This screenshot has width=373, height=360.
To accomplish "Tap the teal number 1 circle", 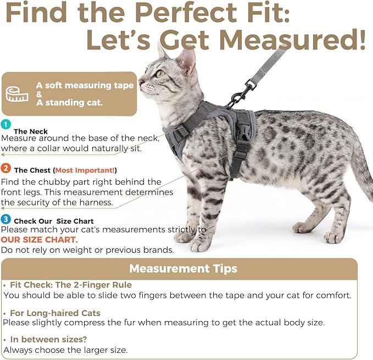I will point(5,124).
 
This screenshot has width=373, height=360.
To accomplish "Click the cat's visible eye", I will point(160,73).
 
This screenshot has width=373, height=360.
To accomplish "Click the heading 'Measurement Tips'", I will point(183,269).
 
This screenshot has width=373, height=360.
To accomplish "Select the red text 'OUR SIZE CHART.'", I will point(39,240).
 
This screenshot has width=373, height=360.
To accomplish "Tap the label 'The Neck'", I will point(31,131).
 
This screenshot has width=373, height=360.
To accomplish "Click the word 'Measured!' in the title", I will point(292,40).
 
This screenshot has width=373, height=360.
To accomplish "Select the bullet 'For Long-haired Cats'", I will point(54,313).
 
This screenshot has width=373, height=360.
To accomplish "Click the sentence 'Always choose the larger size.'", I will point(66,349).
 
